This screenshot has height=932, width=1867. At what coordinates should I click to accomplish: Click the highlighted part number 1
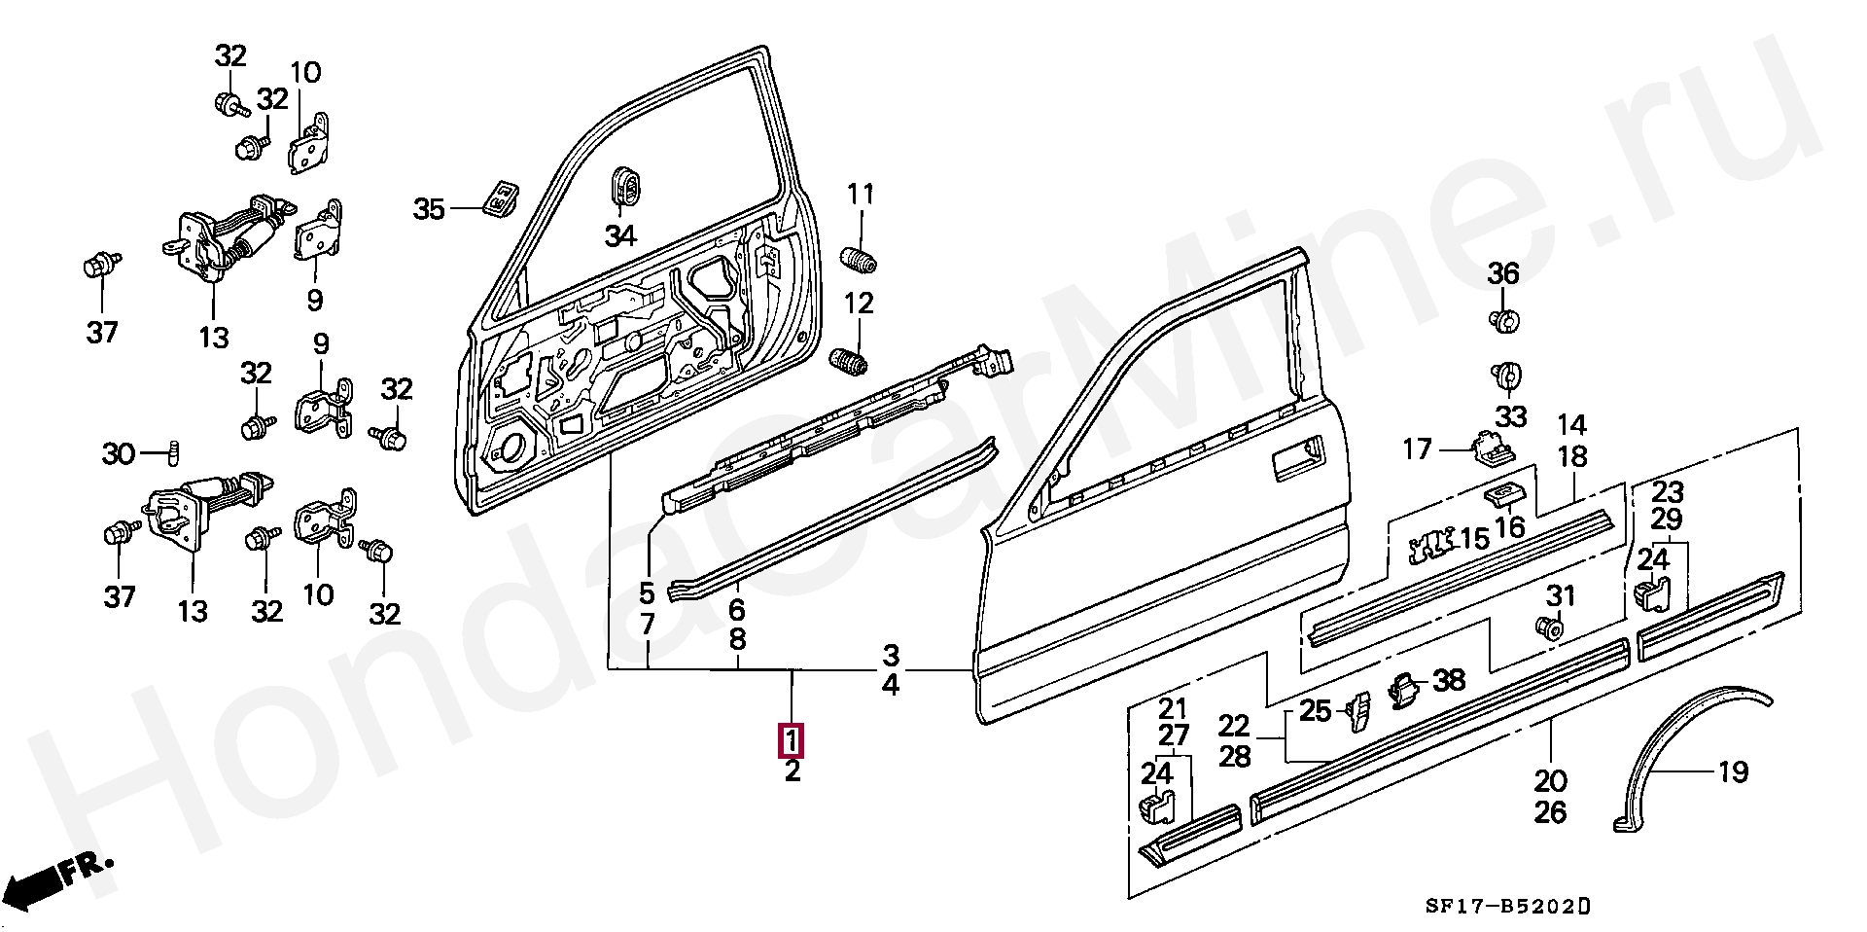793,741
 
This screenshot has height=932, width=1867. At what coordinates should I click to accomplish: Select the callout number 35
429,209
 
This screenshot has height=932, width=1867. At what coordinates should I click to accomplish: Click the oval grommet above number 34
623,188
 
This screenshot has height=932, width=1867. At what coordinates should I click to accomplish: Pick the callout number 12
860,304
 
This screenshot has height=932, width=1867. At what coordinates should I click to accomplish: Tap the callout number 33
1510,416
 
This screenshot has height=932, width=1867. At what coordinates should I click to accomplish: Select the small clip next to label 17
1490,448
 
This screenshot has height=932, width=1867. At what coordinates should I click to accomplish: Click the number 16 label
1510,527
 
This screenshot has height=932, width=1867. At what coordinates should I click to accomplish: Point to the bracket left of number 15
1426,547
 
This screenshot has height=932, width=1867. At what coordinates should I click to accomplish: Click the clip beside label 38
1401,689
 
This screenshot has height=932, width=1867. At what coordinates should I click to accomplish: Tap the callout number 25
1315,711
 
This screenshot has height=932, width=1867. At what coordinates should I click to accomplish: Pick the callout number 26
1550,811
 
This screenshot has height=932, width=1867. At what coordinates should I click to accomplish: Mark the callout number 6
737,610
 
